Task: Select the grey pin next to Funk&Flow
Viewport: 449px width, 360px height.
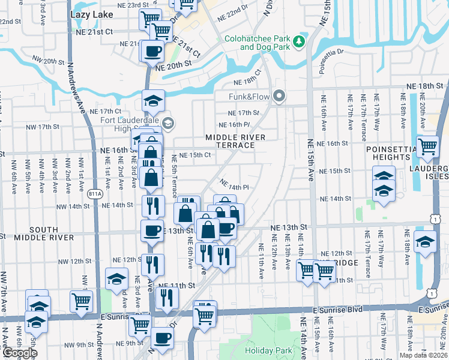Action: coord(278,96)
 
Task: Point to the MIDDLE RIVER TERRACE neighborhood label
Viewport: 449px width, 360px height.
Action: coord(235,142)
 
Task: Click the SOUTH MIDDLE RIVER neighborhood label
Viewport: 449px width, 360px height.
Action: coord(44,233)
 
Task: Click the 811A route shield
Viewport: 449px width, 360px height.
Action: coord(95,194)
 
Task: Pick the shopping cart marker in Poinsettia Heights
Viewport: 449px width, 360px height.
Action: coord(427,146)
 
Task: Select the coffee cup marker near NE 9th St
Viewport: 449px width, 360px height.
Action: coord(161,338)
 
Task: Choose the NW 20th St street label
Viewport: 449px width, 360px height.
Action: coord(49,61)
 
